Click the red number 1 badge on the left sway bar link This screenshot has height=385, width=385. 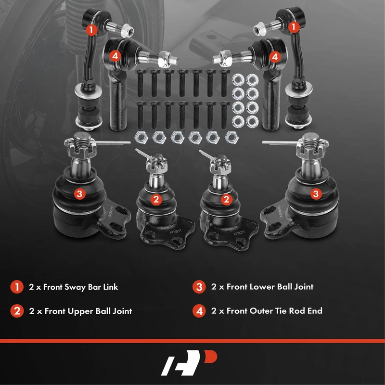(x=91, y=30)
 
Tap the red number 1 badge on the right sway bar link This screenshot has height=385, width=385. (x=294, y=27)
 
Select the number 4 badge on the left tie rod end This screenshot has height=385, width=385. (x=115, y=56)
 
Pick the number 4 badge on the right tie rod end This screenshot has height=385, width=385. (x=275, y=57)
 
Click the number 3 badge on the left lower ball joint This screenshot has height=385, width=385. (x=79, y=194)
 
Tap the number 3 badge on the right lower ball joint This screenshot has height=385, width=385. (x=316, y=194)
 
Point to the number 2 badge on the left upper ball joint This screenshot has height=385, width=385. (x=156, y=199)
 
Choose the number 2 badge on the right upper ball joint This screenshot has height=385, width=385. (x=226, y=199)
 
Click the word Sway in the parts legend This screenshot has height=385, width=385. (x=74, y=287)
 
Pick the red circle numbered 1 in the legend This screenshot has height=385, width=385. (x=17, y=287)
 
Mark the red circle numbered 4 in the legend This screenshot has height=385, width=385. (x=199, y=311)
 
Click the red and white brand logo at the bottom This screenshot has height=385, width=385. (x=189, y=363)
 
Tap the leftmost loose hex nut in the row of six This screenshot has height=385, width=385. (x=141, y=137)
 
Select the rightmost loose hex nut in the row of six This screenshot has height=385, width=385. (x=232, y=137)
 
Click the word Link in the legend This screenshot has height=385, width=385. (x=111, y=287)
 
